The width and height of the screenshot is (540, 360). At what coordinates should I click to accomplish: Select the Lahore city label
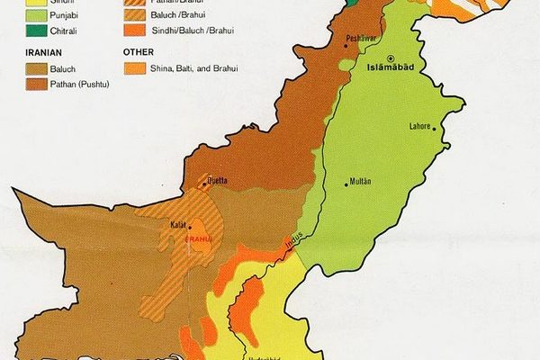(420, 126)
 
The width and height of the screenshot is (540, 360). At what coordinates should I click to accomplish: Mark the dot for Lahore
(435, 131)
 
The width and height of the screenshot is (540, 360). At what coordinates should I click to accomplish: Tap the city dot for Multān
(347, 185)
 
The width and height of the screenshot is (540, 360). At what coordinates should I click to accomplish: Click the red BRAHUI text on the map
(197, 239)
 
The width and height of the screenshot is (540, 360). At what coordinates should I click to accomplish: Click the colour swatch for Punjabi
(34, 15)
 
